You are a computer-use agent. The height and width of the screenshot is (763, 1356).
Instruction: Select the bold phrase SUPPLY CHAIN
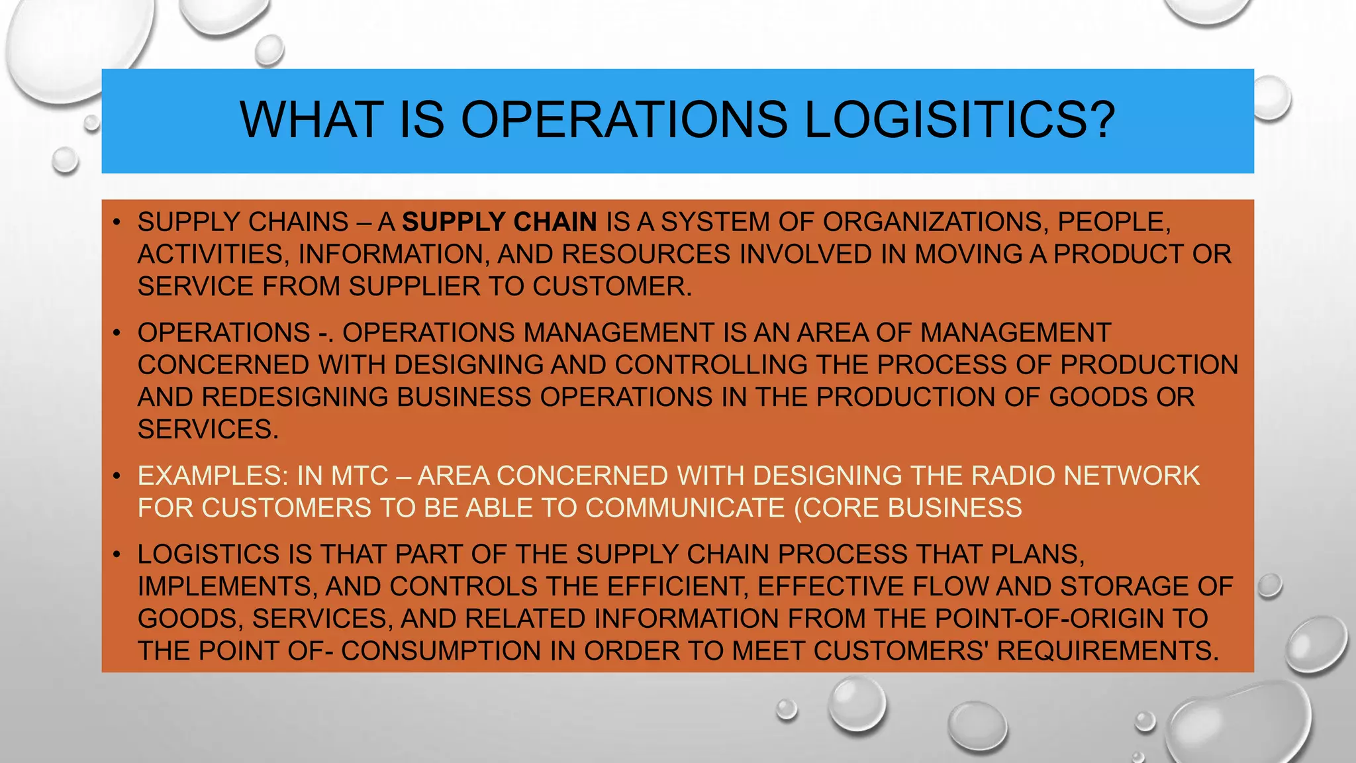[x=499, y=222]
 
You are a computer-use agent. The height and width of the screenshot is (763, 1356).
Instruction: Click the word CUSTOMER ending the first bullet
[x=612, y=287]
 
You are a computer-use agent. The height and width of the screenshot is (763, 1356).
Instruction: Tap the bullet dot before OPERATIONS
[x=117, y=332]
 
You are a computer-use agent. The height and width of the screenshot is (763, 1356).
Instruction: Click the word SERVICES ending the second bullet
[x=207, y=430]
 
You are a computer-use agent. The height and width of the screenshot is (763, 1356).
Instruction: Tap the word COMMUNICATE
[x=685, y=509]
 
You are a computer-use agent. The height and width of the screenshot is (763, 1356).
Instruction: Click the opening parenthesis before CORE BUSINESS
[x=798, y=509]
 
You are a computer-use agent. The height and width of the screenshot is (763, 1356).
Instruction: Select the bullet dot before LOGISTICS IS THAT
[x=117, y=554]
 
